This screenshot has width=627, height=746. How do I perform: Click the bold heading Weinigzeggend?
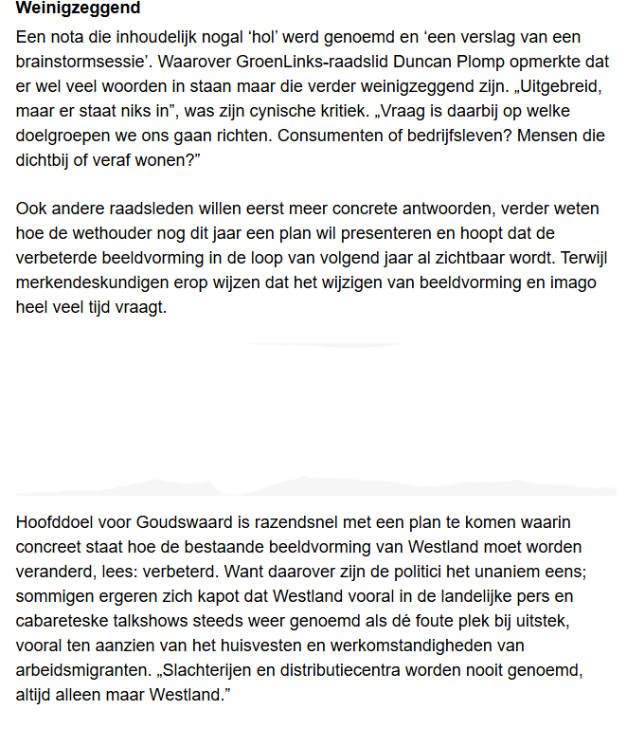point(78,9)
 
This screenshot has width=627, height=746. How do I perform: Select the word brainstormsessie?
point(77,62)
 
